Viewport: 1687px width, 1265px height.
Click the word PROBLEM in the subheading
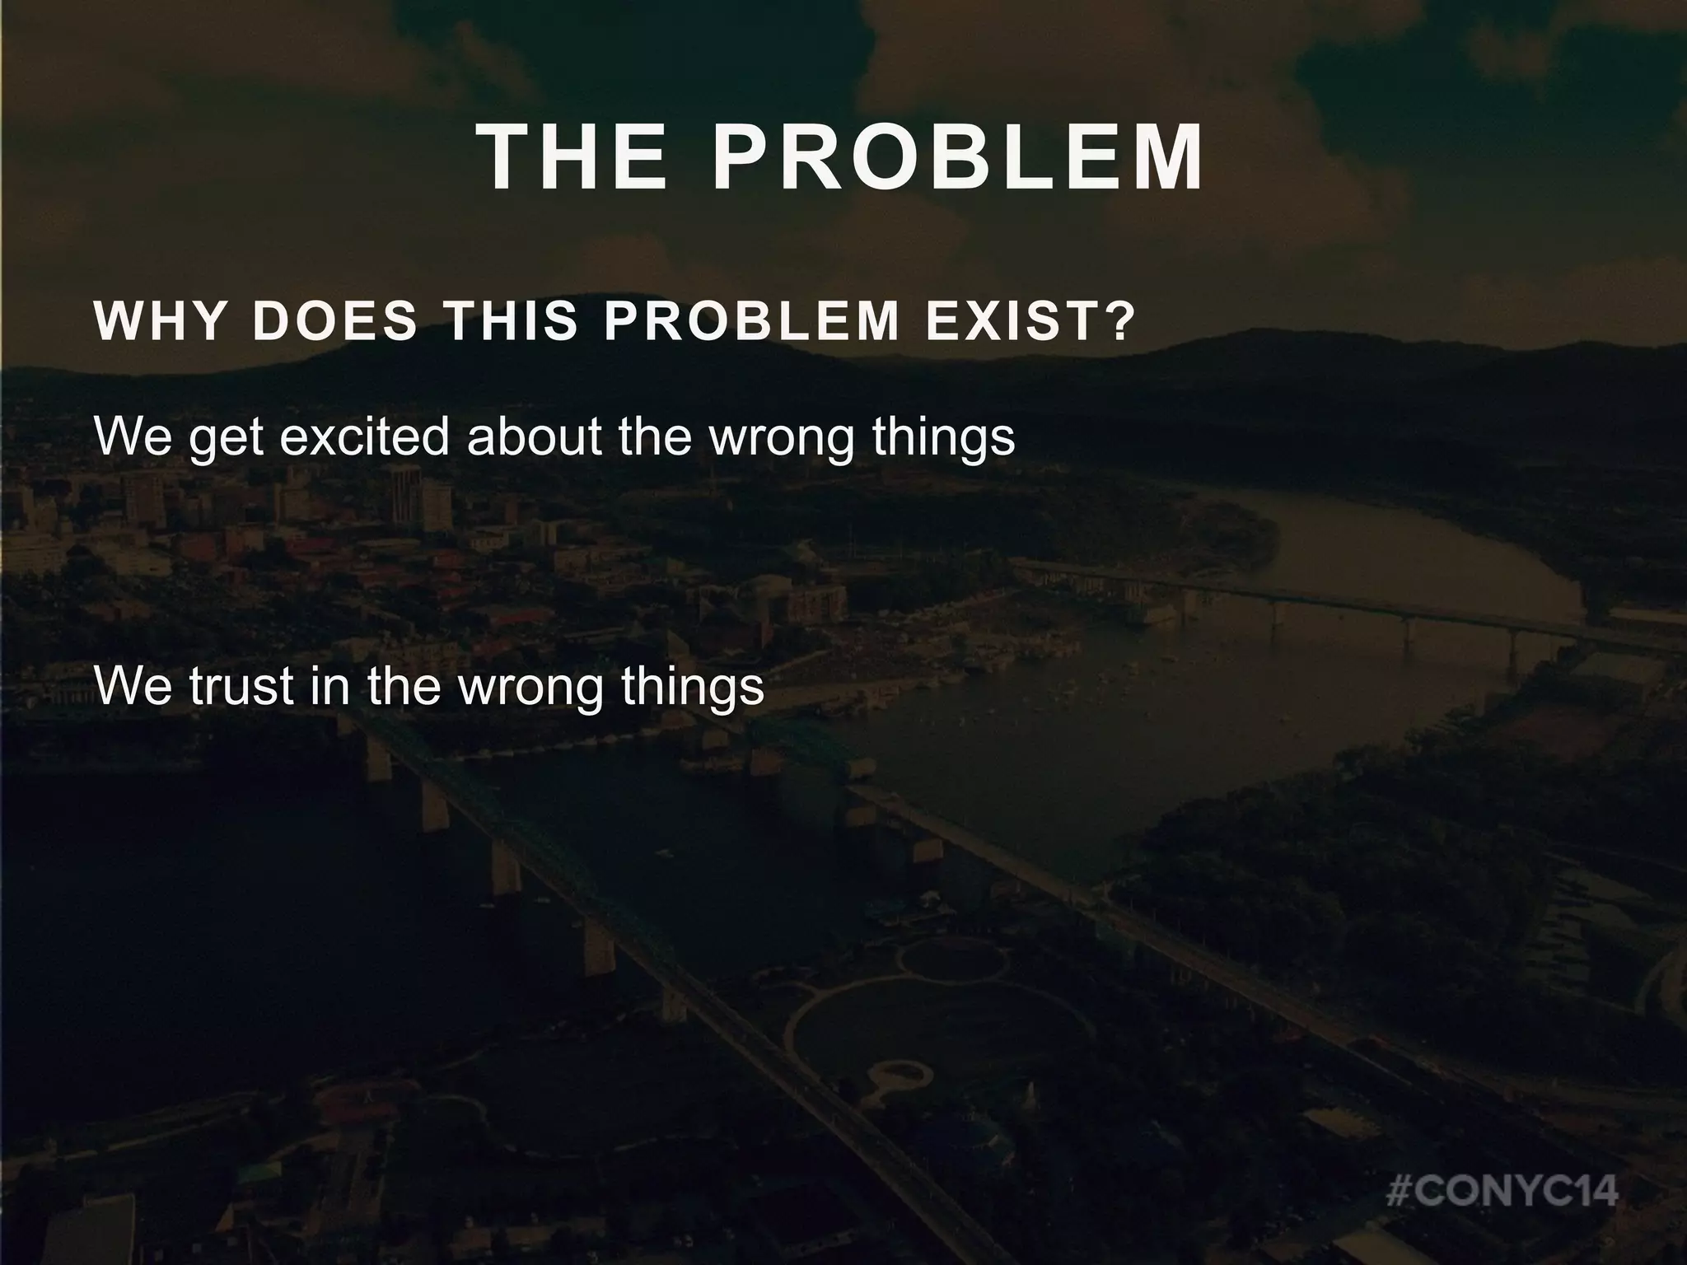coord(751,322)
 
